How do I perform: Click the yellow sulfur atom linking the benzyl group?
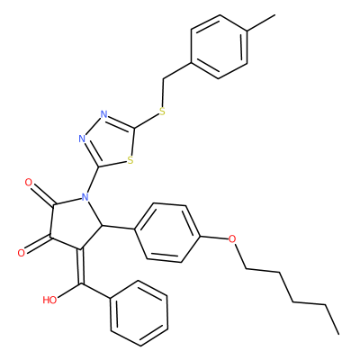click(162, 112)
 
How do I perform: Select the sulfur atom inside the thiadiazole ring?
click(130, 161)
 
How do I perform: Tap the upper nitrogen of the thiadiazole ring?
click(104, 114)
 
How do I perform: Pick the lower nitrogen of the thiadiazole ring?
click(82, 139)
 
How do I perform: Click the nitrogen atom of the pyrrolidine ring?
click(85, 197)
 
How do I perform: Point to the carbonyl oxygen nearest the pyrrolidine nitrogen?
click(29, 183)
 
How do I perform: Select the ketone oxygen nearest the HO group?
click(21, 253)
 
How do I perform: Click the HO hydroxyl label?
click(49, 300)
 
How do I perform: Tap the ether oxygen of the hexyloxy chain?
click(232, 239)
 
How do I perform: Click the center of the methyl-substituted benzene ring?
click(219, 47)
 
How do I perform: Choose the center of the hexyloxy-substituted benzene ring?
click(167, 233)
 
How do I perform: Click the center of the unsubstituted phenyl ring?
click(139, 313)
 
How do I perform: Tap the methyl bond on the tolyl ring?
click(261, 22)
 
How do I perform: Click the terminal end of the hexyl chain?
click(339, 334)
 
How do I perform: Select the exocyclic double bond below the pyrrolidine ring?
click(81, 266)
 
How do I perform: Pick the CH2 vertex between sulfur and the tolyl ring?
click(164, 79)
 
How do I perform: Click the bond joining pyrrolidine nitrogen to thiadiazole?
click(93, 180)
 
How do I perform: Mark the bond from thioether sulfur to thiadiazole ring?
click(147, 121)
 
